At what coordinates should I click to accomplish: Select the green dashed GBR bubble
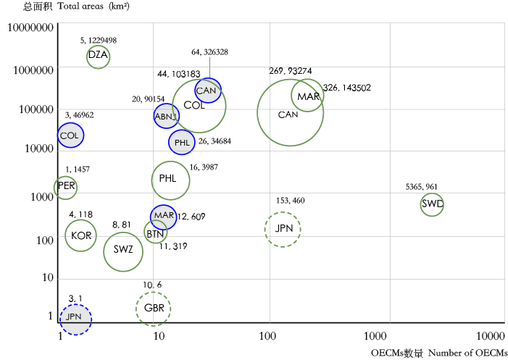[x=153, y=309]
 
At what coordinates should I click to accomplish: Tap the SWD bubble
[x=432, y=205]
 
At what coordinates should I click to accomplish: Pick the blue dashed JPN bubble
[x=75, y=318]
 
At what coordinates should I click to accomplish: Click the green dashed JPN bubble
[x=282, y=229]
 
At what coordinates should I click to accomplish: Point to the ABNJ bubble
[x=166, y=116]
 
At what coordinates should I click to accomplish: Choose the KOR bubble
[x=81, y=235]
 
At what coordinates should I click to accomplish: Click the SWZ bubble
[x=123, y=251]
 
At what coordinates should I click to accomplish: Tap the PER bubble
[x=65, y=187]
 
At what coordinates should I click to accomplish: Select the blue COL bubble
[x=70, y=135]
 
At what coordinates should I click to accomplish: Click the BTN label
[x=154, y=233]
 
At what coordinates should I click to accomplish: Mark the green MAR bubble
[x=308, y=96]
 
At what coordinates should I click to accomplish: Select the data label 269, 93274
[x=290, y=71]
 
